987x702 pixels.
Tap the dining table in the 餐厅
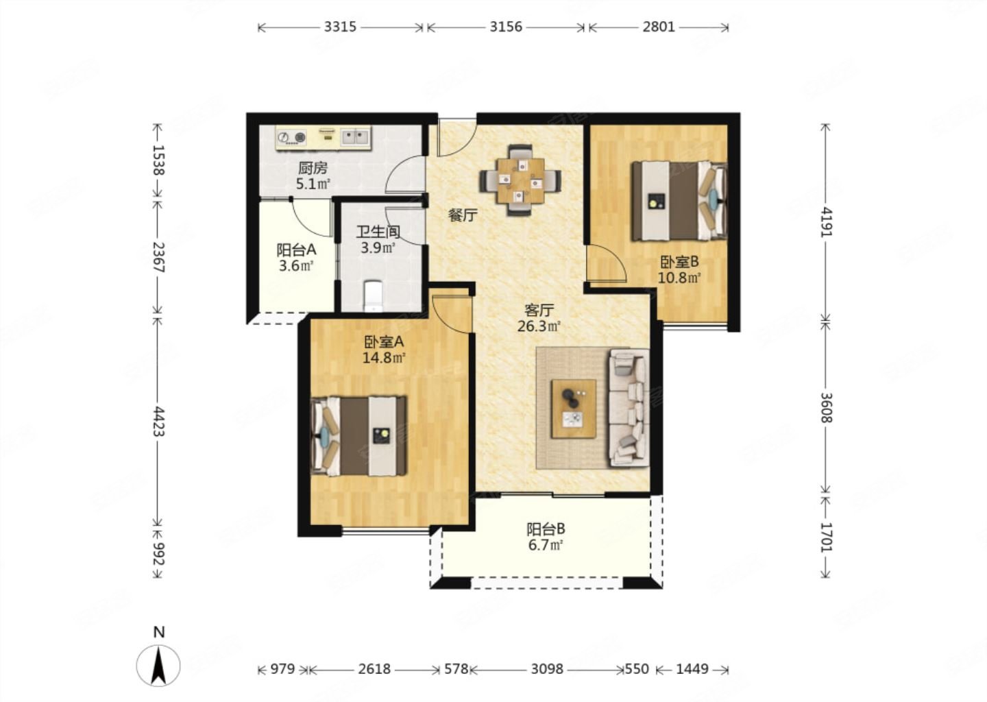point(520,181)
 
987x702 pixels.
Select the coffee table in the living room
point(574,409)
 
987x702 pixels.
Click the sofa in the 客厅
point(629,408)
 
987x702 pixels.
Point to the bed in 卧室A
point(358,436)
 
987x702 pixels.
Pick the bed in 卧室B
point(679,201)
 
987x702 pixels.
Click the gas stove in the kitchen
point(292,138)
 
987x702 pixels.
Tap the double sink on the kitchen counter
point(356,137)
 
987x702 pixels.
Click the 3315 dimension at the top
point(340,27)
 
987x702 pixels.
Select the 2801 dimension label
point(658,27)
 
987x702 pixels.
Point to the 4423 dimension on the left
point(158,422)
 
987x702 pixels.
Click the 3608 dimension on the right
point(827,407)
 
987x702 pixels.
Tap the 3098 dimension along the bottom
point(547,669)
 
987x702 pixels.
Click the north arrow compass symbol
point(158,665)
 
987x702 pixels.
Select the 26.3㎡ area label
point(539,326)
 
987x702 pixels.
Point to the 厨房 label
point(313,168)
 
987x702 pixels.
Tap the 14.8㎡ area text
point(384,358)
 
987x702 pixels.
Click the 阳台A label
point(296,250)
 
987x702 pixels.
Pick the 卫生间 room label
point(378,232)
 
